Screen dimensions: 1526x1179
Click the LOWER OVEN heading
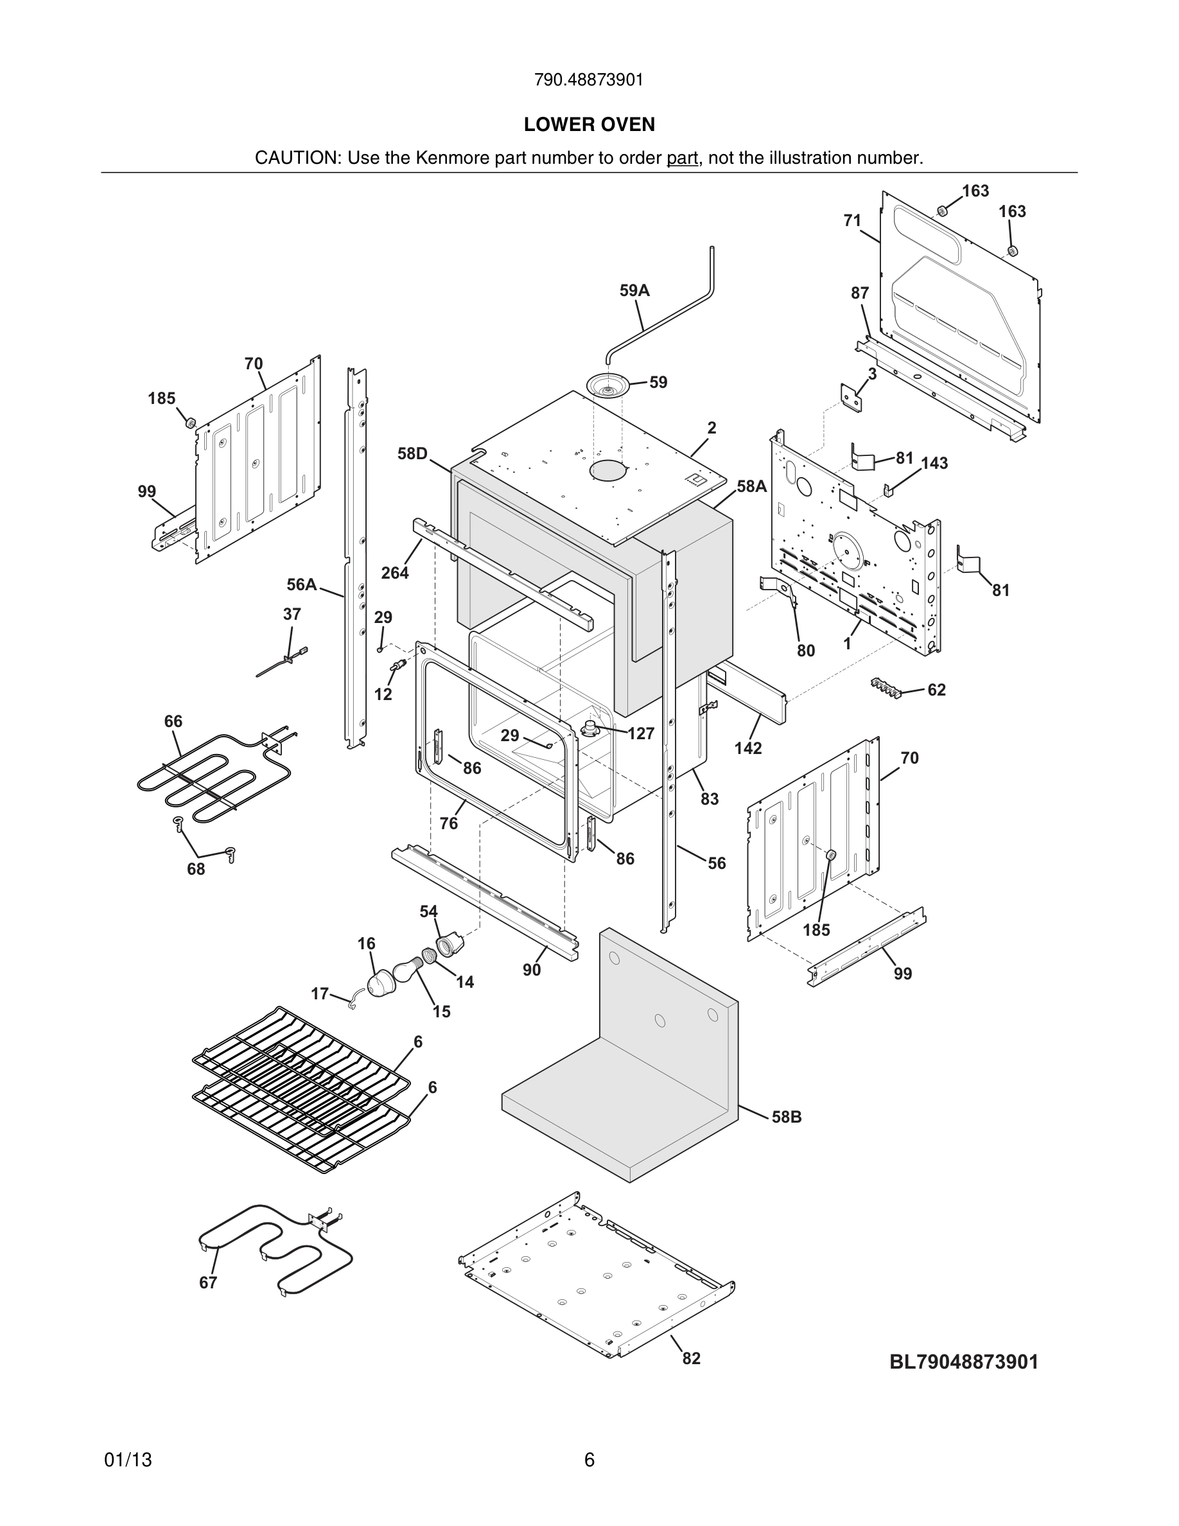tap(589, 125)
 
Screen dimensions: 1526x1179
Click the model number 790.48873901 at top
tap(589, 80)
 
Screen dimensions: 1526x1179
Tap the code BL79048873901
tap(963, 1362)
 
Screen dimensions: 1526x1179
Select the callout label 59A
tap(634, 291)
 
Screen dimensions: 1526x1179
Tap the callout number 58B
tap(787, 1116)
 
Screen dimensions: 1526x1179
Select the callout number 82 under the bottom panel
tap(691, 1358)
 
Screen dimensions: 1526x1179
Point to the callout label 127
tap(640, 733)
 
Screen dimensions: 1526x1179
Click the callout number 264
tap(395, 573)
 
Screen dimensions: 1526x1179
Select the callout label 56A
tap(302, 584)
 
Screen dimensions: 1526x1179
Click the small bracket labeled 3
tap(851, 397)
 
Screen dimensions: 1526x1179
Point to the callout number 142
tap(747, 748)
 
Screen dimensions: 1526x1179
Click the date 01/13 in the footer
tap(128, 1460)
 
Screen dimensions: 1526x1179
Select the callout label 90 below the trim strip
tap(532, 970)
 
